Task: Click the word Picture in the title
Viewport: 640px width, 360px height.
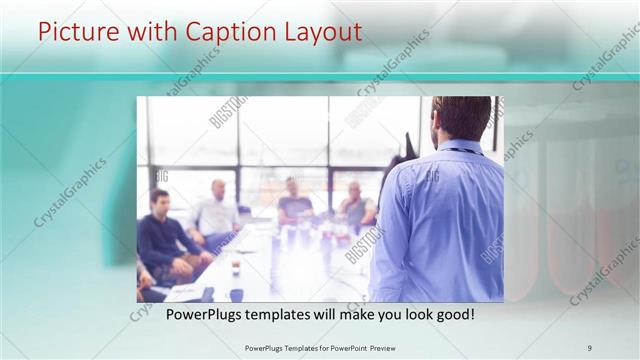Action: pos(76,33)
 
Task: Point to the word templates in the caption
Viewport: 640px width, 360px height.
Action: pos(287,314)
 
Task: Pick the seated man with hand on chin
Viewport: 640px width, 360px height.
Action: pos(354,205)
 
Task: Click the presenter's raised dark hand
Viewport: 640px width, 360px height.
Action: pos(407,145)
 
